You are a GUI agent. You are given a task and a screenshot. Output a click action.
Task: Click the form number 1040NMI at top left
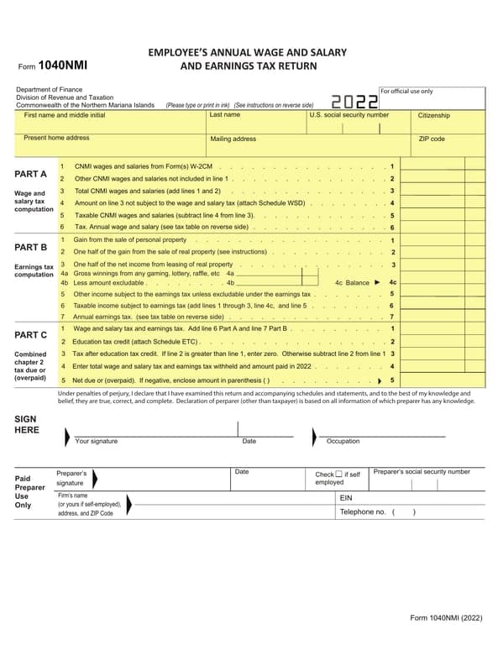pos(63,64)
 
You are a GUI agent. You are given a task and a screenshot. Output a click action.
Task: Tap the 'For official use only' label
pos(407,91)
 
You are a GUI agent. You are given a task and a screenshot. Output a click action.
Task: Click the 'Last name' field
pos(256,122)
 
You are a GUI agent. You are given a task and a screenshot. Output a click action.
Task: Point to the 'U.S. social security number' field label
pos(349,115)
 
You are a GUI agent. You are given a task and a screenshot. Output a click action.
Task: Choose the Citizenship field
pos(449,122)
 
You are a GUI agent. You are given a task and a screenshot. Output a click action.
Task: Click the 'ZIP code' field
pos(449,145)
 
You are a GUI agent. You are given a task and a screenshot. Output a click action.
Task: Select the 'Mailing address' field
pos(256,145)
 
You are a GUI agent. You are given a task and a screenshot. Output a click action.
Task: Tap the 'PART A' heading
pos(31,174)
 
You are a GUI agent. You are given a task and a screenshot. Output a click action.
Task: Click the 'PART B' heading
pos(31,247)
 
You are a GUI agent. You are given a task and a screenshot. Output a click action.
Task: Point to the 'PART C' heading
pos(31,335)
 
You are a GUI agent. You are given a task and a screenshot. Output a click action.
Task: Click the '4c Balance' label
pos(352,283)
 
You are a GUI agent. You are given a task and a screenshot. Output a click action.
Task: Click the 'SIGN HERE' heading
pos(28,424)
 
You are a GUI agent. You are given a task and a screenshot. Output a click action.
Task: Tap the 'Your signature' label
pos(97,441)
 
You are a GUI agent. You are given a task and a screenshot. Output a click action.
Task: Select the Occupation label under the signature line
pos(343,441)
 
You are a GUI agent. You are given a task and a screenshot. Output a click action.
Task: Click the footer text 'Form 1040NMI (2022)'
pos(446,618)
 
